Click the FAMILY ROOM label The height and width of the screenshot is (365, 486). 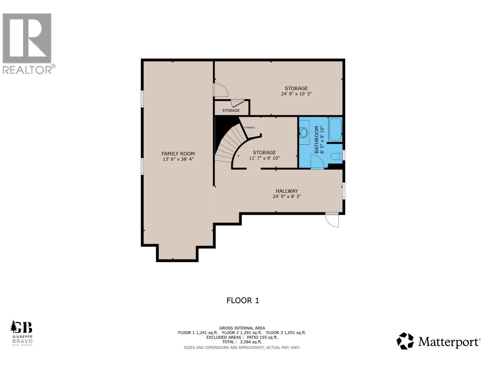pos(178,154)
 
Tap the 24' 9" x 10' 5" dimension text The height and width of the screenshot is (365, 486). pos(296,94)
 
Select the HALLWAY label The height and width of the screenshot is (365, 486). pos(287,191)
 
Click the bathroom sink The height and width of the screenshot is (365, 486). pos(303,133)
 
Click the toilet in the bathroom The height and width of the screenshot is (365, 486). pos(336,156)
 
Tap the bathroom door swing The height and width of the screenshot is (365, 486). pos(317,162)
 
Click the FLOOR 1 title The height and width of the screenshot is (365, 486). pos(243,301)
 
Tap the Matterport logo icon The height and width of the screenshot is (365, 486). pos(405,341)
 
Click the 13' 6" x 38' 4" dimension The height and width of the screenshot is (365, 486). pos(178,159)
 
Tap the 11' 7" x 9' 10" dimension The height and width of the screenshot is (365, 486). pos(264,158)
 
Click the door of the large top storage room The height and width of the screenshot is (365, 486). pos(221,90)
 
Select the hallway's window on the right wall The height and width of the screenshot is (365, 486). pos(344,191)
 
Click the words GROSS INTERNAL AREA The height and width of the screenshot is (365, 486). pos(242,328)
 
